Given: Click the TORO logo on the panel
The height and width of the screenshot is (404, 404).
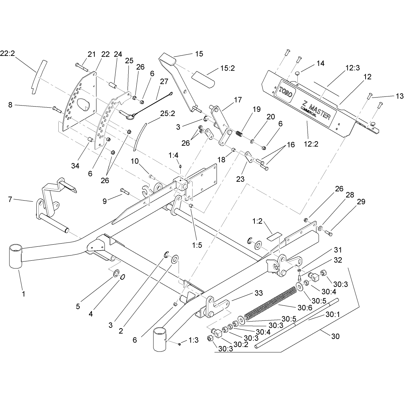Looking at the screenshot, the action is pyautogui.click(x=286, y=92).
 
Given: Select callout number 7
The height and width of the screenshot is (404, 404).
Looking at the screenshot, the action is pyautogui.click(x=10, y=199).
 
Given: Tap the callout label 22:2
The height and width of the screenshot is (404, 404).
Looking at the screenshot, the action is pyautogui.click(x=7, y=53).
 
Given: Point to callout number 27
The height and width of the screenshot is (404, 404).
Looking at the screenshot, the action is pyautogui.click(x=164, y=81).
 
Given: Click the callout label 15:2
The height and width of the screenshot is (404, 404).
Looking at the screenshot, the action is pyautogui.click(x=228, y=68).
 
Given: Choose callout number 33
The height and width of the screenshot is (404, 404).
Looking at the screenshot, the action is pyautogui.click(x=258, y=293).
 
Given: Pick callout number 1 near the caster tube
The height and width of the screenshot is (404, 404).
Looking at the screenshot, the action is pyautogui.click(x=23, y=294).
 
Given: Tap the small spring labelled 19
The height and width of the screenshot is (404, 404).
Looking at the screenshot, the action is pyautogui.click(x=240, y=134).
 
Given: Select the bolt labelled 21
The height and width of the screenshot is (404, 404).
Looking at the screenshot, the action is pyautogui.click(x=82, y=67).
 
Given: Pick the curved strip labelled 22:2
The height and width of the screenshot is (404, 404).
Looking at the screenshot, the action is pyautogui.click(x=38, y=77).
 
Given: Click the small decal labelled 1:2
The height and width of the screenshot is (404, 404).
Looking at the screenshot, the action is pyautogui.click(x=274, y=237).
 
